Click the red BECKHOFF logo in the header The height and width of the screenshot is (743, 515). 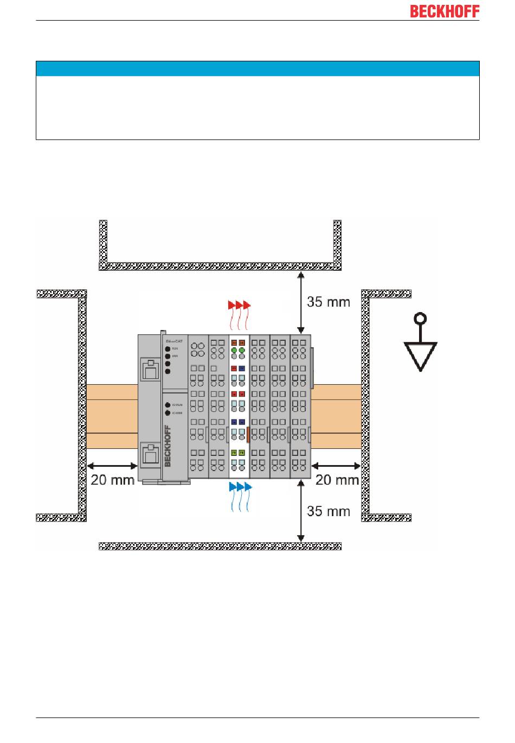point(445,11)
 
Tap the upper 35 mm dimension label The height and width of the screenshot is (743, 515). point(329,302)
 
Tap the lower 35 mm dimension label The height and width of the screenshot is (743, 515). point(329,511)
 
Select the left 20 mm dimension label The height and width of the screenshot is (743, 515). point(112,480)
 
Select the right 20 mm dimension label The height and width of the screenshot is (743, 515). point(337,480)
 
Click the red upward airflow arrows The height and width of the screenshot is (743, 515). point(240,314)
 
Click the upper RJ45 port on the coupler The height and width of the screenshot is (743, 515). point(150,370)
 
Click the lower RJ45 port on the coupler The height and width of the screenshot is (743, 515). point(150,454)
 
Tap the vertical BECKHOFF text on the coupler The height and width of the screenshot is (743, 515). point(168,446)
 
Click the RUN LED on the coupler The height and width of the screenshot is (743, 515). point(168,348)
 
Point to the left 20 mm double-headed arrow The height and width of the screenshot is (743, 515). point(112,466)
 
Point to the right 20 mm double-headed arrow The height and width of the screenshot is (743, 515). point(337,466)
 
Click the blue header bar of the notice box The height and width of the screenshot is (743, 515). point(257,69)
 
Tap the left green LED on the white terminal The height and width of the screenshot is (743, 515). point(234,351)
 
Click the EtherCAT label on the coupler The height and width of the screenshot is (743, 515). point(174,340)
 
